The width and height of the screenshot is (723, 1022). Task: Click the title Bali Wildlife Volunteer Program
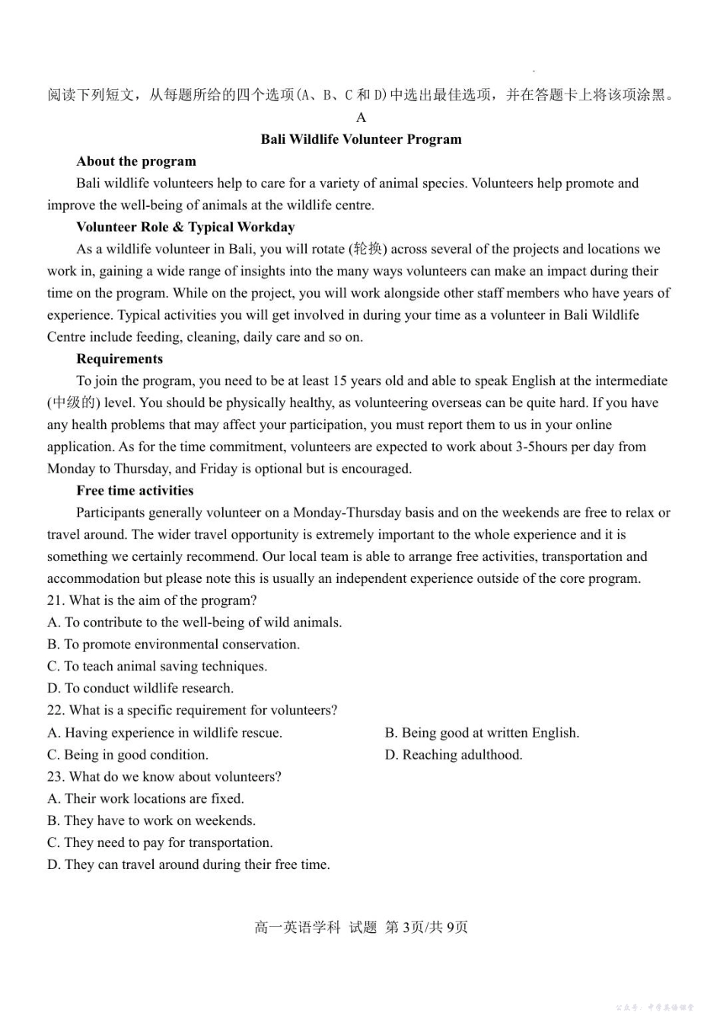361,139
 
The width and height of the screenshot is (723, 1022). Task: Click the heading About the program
136,161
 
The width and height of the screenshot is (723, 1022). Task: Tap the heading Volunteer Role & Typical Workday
185,227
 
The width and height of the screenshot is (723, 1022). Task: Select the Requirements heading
119,358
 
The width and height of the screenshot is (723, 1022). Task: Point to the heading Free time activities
135,490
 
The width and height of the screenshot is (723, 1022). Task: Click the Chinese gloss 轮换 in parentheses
368,249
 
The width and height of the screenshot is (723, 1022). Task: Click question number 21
56,600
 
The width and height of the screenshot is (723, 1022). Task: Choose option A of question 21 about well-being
194,622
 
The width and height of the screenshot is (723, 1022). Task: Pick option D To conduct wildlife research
140,688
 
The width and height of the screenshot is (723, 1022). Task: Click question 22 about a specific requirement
192,710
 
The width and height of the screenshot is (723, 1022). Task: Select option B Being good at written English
482,733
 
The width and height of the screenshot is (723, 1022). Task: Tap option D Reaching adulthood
454,755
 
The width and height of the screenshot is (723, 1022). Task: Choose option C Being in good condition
127,755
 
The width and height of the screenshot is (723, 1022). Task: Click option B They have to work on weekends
151,820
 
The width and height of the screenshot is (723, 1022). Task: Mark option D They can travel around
188,864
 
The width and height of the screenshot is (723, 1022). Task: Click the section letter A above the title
361,117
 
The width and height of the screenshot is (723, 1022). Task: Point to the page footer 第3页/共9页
426,927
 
